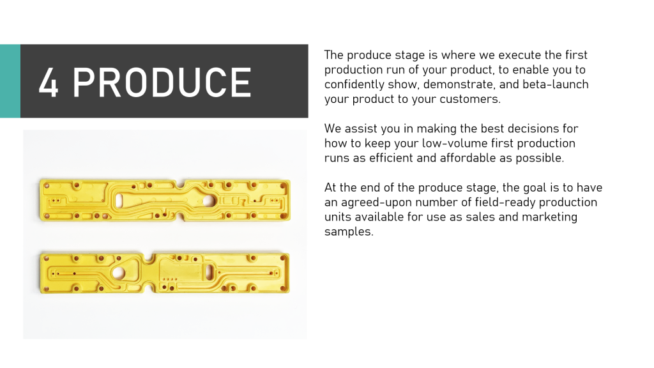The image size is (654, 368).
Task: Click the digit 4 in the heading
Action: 48,82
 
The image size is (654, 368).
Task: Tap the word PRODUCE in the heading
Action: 162,82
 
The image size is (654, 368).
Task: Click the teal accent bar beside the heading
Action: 10,81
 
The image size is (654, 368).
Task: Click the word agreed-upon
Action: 376,203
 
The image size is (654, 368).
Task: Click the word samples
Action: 349,232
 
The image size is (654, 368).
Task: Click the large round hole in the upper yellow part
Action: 208,201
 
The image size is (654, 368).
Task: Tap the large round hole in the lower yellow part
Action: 118,273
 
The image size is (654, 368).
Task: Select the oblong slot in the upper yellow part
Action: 118,201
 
